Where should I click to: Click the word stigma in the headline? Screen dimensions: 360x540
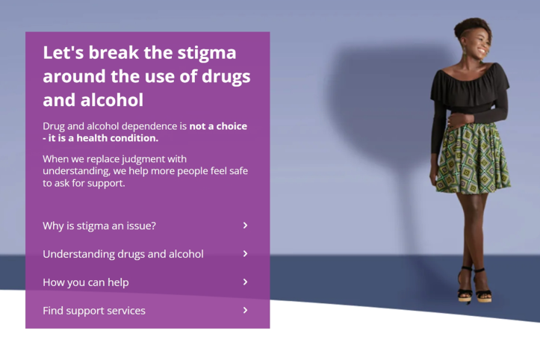pyautogui.click(x=204, y=53)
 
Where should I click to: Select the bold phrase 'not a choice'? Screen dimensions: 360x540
pyautogui.click(x=218, y=126)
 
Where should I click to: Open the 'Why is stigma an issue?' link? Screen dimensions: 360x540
pyautogui.click(x=99, y=226)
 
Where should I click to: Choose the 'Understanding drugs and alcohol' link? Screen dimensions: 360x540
pyautogui.click(x=123, y=254)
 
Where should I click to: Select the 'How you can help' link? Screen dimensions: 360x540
pyautogui.click(x=86, y=282)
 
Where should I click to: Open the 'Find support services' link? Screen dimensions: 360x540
pyautogui.click(x=94, y=311)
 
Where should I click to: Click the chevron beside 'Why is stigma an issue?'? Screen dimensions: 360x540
pyautogui.click(x=245, y=226)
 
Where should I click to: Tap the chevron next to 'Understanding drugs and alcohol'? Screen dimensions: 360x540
pyautogui.click(x=245, y=254)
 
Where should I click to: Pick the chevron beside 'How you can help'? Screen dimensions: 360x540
pyautogui.click(x=245, y=282)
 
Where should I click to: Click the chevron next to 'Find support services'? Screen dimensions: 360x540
pyautogui.click(x=245, y=311)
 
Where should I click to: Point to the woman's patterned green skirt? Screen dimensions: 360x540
pyautogui.click(x=472, y=158)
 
